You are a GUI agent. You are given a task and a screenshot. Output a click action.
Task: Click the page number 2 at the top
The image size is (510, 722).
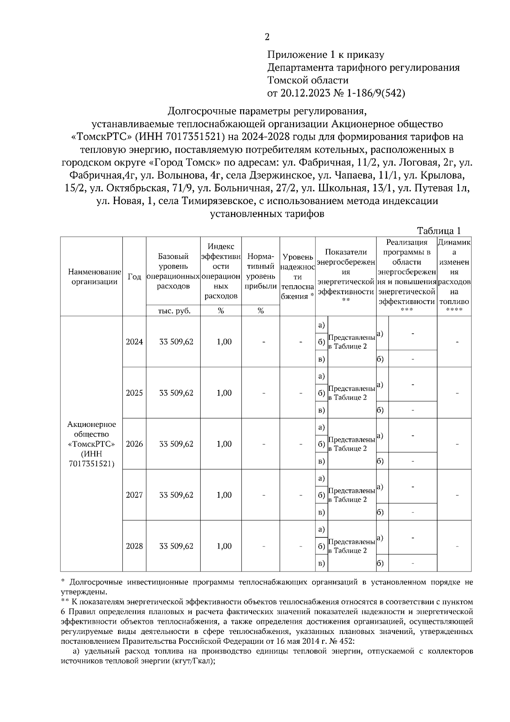(x=267, y=37)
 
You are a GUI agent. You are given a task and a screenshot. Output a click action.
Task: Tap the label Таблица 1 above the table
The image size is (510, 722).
(x=439, y=231)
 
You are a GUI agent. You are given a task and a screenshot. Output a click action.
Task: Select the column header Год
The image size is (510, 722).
(x=134, y=277)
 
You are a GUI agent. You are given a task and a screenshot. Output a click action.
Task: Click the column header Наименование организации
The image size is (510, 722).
(x=92, y=277)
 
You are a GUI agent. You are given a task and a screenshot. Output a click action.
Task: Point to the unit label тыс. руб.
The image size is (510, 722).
(x=173, y=311)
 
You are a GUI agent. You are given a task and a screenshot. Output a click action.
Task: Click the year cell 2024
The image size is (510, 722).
(x=134, y=342)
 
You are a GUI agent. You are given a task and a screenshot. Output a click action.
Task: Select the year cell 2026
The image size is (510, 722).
(x=134, y=444)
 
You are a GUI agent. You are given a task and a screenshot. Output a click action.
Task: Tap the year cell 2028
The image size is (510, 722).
(x=134, y=546)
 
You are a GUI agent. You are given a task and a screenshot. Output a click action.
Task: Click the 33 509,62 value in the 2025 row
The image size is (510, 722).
(x=176, y=393)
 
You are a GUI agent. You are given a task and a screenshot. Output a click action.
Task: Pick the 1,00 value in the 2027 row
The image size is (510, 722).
(x=224, y=495)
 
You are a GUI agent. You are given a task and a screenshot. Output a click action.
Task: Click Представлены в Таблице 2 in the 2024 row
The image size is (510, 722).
(x=352, y=342)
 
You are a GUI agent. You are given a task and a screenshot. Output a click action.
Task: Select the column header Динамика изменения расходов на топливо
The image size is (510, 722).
(x=454, y=272)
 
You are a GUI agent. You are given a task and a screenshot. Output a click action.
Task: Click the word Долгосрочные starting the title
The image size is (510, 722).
(x=201, y=111)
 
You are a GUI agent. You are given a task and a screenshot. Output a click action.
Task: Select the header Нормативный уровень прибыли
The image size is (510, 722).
(x=261, y=272)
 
